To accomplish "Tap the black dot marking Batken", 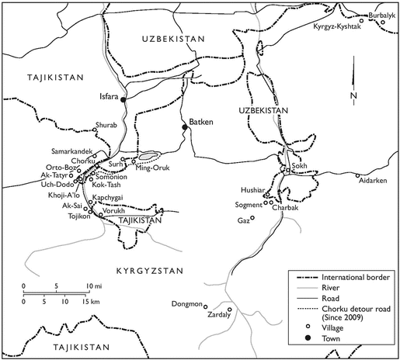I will coord(184,126).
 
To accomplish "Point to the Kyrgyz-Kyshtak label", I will coord(337,26).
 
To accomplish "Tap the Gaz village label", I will coord(244,220).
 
